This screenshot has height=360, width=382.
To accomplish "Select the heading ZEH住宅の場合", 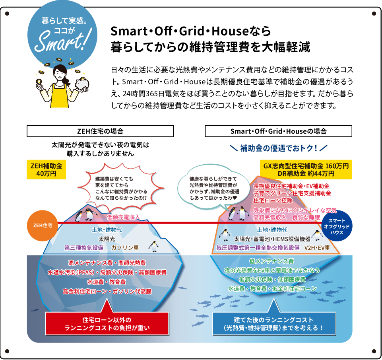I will tap(100, 131).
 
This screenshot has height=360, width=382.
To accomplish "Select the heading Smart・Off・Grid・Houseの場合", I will tap(278, 131).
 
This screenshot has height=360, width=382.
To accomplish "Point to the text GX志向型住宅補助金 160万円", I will tap(306, 166).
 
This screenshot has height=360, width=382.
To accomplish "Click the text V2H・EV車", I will tap(317, 247).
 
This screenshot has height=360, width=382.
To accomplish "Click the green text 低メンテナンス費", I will tap(271, 261).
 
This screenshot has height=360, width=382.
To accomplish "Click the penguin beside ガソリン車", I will tap(153, 246).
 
